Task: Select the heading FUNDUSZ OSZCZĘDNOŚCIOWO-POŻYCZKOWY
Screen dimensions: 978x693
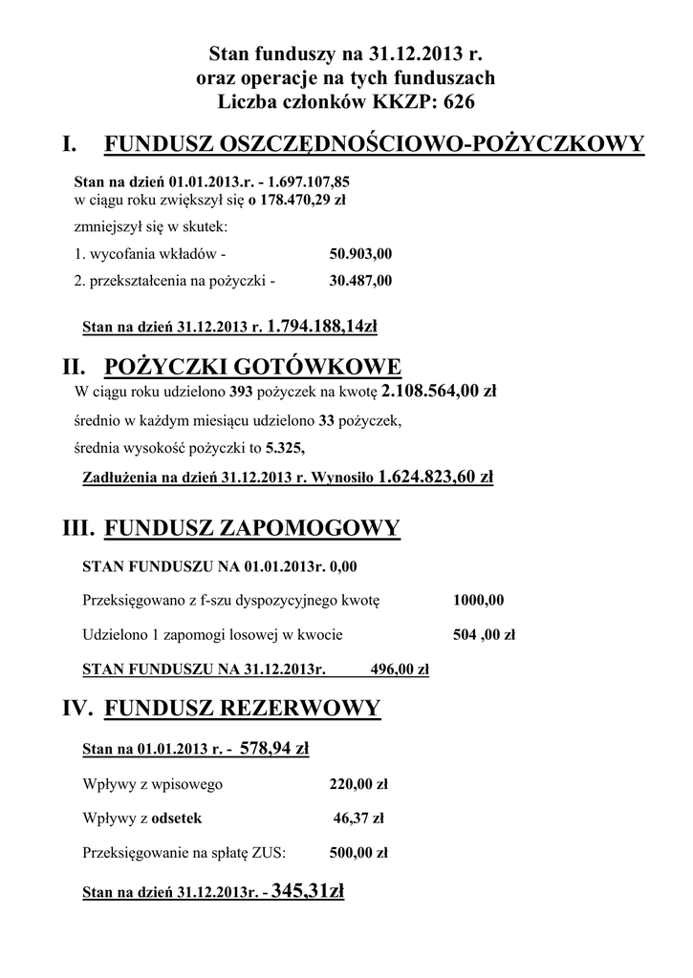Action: (374, 144)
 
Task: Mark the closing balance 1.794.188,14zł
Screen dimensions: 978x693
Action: (323, 327)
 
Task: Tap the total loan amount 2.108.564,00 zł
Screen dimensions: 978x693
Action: (438, 391)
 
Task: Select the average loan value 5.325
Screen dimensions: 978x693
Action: (286, 446)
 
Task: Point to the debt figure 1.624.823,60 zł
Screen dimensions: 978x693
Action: (436, 476)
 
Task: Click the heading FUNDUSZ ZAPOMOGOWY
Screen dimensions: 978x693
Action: (251, 529)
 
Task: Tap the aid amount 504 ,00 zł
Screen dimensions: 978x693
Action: (484, 633)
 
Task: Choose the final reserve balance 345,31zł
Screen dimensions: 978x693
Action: (308, 892)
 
